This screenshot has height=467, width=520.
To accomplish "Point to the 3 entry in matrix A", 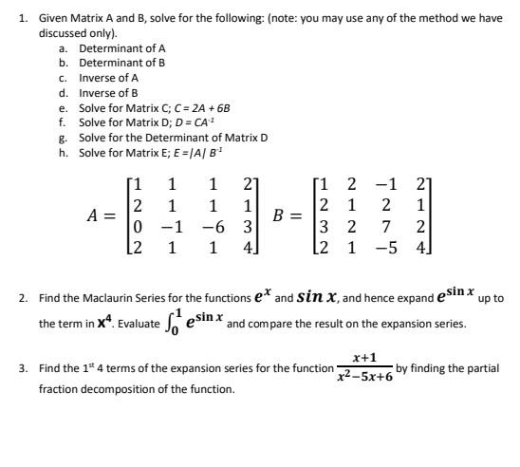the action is coord(247,228).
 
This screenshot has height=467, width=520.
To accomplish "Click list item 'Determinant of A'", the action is coord(122,47).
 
